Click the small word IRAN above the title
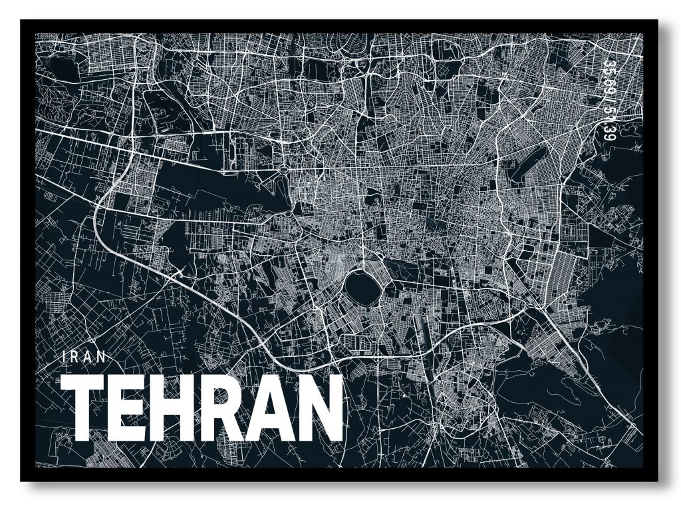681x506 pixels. [x=83, y=356]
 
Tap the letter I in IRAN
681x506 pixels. [x=63, y=356]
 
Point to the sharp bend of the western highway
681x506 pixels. [x=100, y=200]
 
